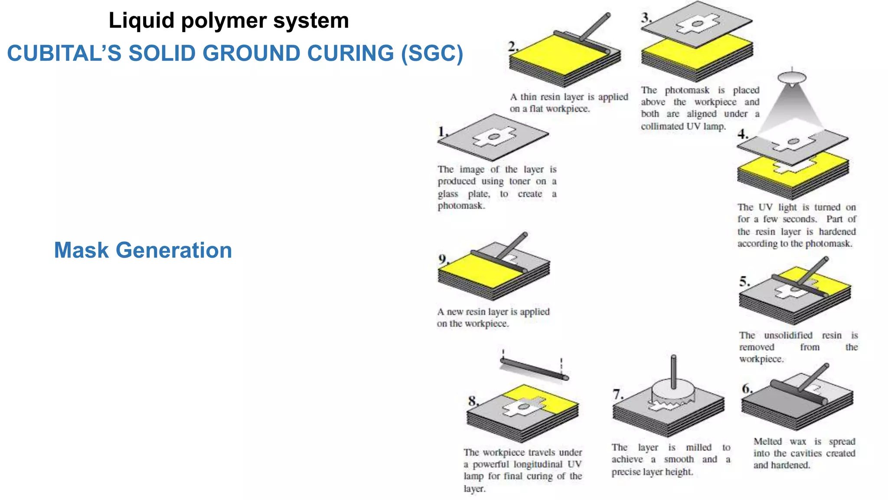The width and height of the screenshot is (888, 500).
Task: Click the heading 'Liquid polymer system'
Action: pos(229,20)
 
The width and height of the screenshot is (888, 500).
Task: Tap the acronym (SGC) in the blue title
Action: pos(432,53)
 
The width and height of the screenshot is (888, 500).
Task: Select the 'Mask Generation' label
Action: pos(143,250)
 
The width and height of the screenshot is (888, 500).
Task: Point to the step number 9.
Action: pos(443,259)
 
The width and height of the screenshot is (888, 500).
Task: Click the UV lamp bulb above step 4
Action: pos(792,79)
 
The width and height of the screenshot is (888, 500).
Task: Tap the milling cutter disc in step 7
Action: pos(673,391)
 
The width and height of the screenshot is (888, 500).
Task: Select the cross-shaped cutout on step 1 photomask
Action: pos(494,137)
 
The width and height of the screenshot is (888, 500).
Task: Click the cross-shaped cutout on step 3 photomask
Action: pos(698,23)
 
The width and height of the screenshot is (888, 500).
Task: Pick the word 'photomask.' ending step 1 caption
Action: pos(461,206)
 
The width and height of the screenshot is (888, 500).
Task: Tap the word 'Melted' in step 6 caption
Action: pos(767,441)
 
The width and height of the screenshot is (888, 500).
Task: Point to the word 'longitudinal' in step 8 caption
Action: pos(538,464)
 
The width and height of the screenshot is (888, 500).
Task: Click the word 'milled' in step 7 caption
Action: pos(698,447)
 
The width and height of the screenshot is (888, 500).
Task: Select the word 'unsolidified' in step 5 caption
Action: pos(788,336)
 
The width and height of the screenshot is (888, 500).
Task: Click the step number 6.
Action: pos(747,388)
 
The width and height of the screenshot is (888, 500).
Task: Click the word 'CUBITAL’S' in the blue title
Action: pos(64,53)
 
